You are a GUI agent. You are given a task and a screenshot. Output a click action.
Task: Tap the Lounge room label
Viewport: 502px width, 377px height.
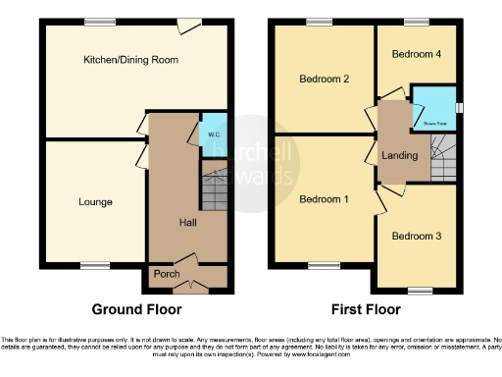click(95, 202)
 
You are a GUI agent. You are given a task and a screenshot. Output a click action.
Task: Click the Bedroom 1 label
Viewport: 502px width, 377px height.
click(321, 199)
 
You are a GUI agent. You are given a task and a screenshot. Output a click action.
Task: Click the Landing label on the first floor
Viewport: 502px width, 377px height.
click(401, 155)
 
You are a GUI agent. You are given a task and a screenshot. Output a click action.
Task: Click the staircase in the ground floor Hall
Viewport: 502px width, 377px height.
click(214, 188)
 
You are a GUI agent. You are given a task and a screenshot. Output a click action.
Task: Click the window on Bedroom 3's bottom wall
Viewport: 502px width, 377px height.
click(420, 289)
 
